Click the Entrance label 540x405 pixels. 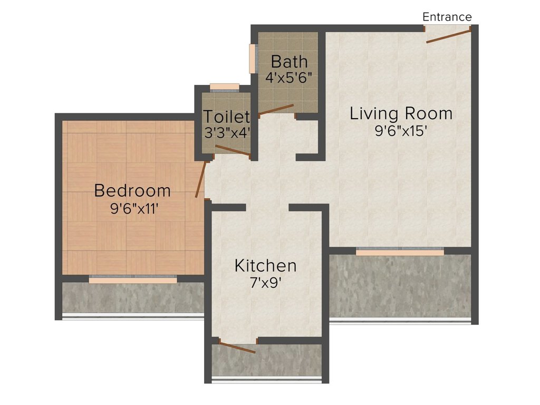pos(447,17)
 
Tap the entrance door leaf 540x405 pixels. pos(448,36)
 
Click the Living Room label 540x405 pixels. pos(401,114)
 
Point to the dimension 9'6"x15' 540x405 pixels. pos(401,131)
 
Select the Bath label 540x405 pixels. pos(289,62)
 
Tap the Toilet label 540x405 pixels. pos(226,117)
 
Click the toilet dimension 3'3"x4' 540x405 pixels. pos(227,132)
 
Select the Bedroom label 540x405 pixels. pos(132,191)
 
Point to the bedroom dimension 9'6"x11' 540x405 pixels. pos(134,208)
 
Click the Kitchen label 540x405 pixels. pos(265,266)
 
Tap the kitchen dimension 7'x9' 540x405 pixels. pos(266,283)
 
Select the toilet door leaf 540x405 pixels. pos(233,150)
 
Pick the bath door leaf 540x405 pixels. pos(276,110)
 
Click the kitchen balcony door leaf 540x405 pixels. pos(238,348)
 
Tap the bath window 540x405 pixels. pos(254,59)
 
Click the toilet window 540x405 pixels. pos(225,87)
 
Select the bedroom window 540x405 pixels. pos(133,279)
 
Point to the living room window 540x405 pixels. pos(400,252)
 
